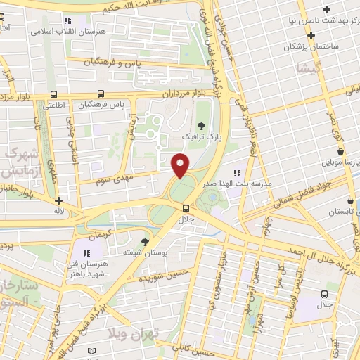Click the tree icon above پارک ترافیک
click(x=202, y=124)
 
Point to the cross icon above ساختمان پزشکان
click(x=326, y=9)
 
